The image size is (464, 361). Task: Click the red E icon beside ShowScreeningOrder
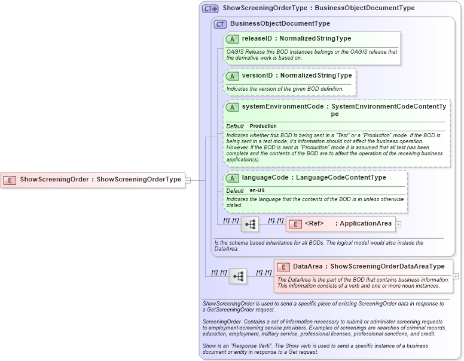[10, 180]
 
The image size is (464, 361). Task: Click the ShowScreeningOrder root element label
[54, 180]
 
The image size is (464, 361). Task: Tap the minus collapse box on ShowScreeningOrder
[188, 180]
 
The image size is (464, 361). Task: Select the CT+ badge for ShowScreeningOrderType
[210, 9]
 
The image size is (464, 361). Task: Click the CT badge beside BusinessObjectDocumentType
[220, 24]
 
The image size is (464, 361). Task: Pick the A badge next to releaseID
[233, 39]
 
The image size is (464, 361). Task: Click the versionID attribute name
[257, 76]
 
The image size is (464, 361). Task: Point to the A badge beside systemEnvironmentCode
[233, 107]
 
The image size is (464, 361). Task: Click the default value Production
[263, 126]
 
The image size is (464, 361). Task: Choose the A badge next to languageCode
[233, 178]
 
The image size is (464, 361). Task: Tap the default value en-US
[258, 190]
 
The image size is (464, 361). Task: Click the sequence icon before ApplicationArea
[250, 224]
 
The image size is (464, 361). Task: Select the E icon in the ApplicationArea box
[295, 224]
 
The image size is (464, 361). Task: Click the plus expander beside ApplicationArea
[398, 224]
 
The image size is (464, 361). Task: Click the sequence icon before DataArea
[238, 276]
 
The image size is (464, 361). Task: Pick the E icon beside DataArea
[283, 267]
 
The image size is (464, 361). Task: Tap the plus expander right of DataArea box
[456, 276]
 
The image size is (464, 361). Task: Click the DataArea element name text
[307, 267]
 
